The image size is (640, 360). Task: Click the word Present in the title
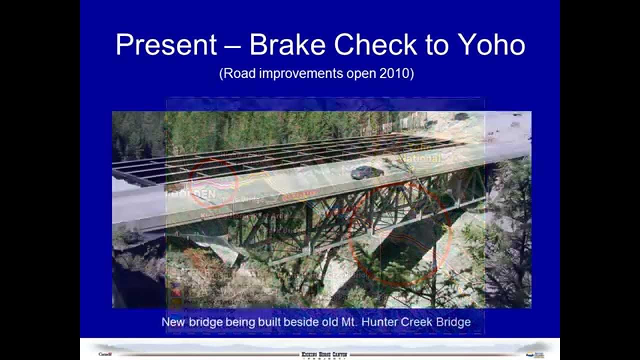tap(166, 45)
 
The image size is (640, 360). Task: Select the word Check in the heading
tap(375, 45)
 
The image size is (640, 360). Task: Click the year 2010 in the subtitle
tap(395, 73)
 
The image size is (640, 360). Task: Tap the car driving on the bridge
tap(367, 172)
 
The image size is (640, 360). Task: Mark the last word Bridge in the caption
tap(452, 322)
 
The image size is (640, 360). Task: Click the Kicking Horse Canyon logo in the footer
tap(324, 354)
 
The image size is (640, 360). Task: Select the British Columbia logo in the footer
tap(534, 354)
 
